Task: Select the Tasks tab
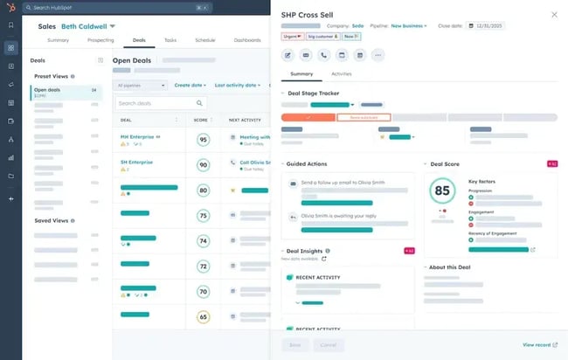pyautogui.click(x=170, y=40)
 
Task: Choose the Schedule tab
pyautogui.click(x=204, y=40)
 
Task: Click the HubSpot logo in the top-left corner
pyautogui.click(x=10, y=7)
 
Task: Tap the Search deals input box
pyautogui.click(x=160, y=103)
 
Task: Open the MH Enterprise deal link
pyautogui.click(x=137, y=136)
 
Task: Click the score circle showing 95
pyautogui.click(x=204, y=140)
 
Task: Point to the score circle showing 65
pyautogui.click(x=204, y=317)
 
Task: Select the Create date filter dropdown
pyautogui.click(x=191, y=85)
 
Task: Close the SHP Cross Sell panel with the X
pyautogui.click(x=554, y=15)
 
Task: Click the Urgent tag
pyautogui.click(x=293, y=37)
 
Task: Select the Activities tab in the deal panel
pyautogui.click(x=342, y=74)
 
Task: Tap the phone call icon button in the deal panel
pyautogui.click(x=325, y=55)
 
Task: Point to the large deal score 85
pyautogui.click(x=442, y=190)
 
